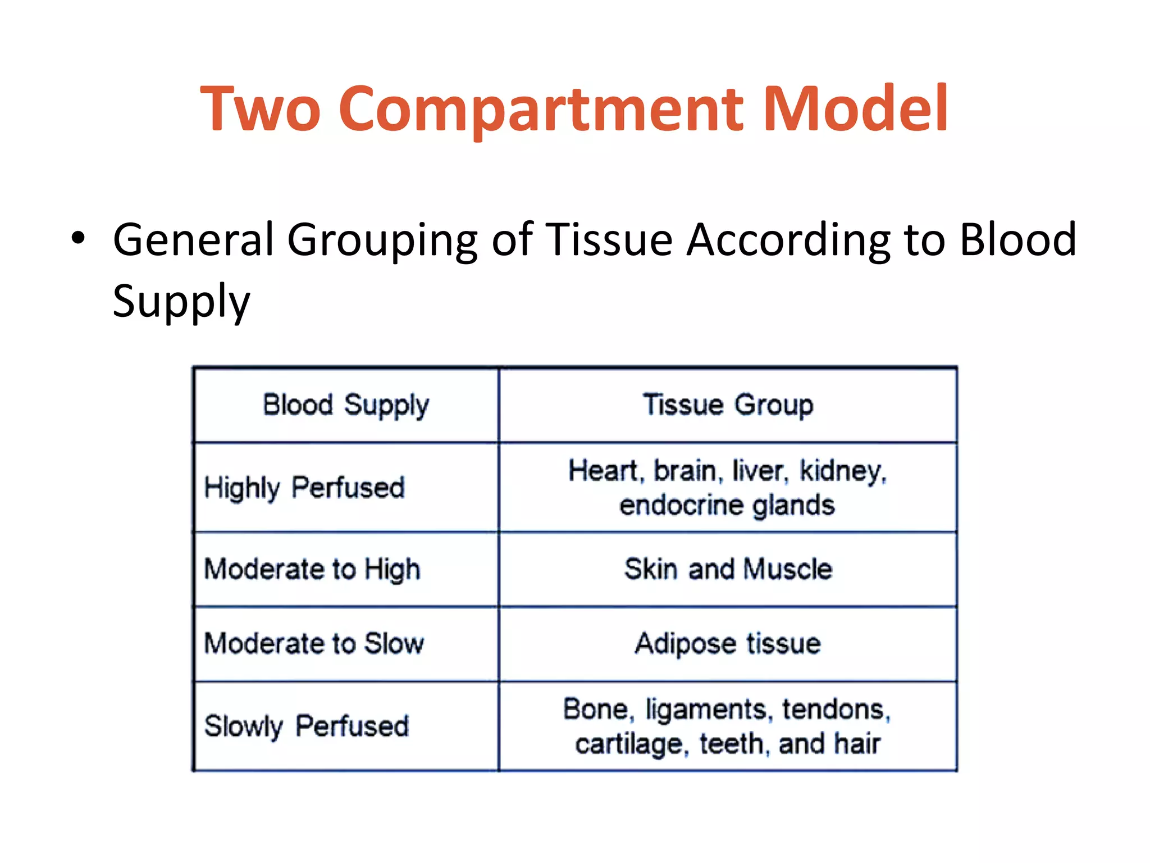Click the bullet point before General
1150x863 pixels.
[x=78, y=239]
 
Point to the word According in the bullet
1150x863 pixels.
[x=788, y=240]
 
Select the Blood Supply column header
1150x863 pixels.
[x=346, y=405]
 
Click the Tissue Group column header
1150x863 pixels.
[x=728, y=405]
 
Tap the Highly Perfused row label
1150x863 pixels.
[x=304, y=488]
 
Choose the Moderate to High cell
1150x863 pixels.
[x=312, y=569]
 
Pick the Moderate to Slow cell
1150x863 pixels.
[x=314, y=643]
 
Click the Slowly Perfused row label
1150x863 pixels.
[x=306, y=726]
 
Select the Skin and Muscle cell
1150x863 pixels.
[x=728, y=569]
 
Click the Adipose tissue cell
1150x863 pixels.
[x=728, y=643]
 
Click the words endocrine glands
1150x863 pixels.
[x=727, y=505]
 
